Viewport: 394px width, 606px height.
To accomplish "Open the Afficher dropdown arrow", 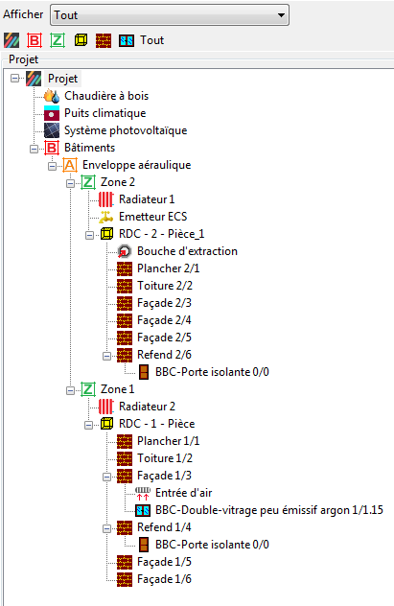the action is (x=281, y=15).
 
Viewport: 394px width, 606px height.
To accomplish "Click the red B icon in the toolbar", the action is (x=35, y=40).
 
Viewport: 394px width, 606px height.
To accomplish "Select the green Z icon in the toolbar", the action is (x=58, y=40).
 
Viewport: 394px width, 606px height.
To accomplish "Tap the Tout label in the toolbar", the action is (x=151, y=40).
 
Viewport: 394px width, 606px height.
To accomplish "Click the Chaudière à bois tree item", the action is (x=106, y=96).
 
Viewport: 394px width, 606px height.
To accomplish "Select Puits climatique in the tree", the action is (x=105, y=113).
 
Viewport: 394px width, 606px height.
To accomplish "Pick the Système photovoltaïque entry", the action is (x=126, y=130).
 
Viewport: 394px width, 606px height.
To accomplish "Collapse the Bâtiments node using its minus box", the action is (x=34, y=149).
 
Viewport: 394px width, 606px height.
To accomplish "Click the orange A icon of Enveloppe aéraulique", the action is (x=70, y=165).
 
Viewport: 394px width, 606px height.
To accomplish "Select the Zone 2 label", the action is (x=118, y=182).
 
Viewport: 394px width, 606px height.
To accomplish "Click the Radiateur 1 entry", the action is (x=147, y=199).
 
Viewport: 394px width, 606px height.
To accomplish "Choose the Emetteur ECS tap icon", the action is (x=105, y=217).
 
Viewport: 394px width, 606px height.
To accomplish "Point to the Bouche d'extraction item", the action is (x=187, y=251).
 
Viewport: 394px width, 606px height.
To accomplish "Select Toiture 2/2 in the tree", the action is (x=165, y=286).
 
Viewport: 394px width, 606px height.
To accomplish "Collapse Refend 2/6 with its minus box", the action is (x=106, y=356).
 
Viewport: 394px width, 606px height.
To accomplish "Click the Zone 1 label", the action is (x=117, y=389).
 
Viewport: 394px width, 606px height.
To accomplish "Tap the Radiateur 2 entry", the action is (x=148, y=407).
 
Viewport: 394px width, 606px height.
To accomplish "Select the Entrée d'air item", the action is (x=183, y=493).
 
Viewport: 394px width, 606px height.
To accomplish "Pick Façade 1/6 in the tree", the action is (x=164, y=579).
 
